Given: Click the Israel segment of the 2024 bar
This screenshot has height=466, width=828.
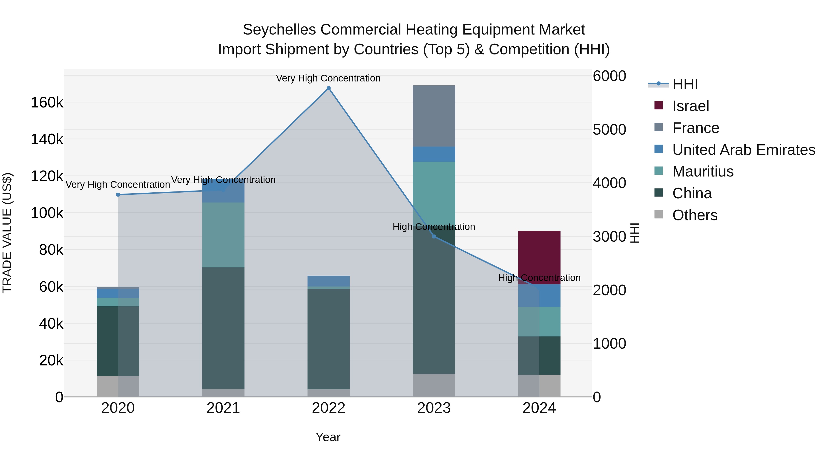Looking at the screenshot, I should coord(539,254).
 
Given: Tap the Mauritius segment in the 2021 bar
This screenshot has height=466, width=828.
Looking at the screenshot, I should coord(223,235).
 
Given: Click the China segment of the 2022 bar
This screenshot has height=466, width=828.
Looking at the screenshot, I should coord(328,339).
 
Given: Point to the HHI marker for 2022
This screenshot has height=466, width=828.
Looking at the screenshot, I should coord(328,88).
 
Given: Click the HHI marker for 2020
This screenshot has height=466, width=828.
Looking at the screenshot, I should coord(118,194).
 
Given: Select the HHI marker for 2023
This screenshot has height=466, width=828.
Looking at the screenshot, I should coord(434,236).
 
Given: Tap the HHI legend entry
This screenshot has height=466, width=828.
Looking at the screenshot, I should coord(685,84).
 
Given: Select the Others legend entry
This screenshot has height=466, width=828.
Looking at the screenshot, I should coord(694,215).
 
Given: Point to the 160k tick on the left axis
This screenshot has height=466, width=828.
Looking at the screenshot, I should coord(47,103).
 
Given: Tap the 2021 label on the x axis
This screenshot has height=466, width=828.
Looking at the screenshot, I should coord(223,408).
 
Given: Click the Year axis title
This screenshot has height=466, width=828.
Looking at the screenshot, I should coord(328,437).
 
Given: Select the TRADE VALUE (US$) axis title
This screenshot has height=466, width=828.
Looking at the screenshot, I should coord(7,233).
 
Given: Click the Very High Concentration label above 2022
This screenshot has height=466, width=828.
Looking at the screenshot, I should coord(328,78).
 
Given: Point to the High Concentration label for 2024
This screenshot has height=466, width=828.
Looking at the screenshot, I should coord(539,278).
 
